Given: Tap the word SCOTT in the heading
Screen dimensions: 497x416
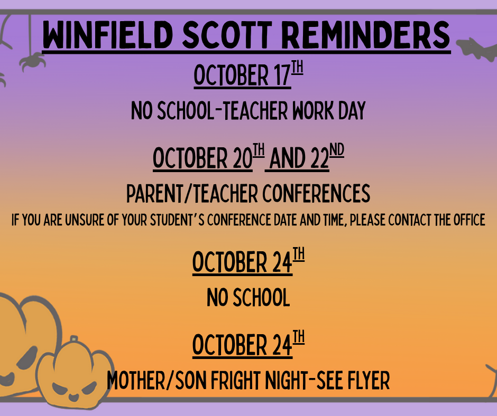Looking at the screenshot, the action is pyautogui.click(x=227, y=34).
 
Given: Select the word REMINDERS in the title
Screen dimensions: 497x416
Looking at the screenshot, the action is pyautogui.click(x=365, y=34).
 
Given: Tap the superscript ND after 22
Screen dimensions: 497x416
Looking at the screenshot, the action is pyautogui.click(x=337, y=150).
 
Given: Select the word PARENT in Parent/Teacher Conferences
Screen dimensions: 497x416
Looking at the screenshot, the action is pyautogui.click(x=155, y=193).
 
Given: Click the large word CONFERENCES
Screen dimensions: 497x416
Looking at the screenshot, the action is pyautogui.click(x=316, y=193).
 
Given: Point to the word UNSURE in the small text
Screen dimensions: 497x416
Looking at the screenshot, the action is pyautogui.click(x=85, y=220).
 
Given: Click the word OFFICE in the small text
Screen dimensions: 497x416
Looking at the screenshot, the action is pyautogui.click(x=469, y=220).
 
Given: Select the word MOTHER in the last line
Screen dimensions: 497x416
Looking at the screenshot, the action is pyautogui.click(x=136, y=380).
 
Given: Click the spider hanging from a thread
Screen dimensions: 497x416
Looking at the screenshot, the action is pyautogui.click(x=32, y=61).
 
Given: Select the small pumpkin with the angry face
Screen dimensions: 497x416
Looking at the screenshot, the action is pyautogui.click(x=75, y=374).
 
